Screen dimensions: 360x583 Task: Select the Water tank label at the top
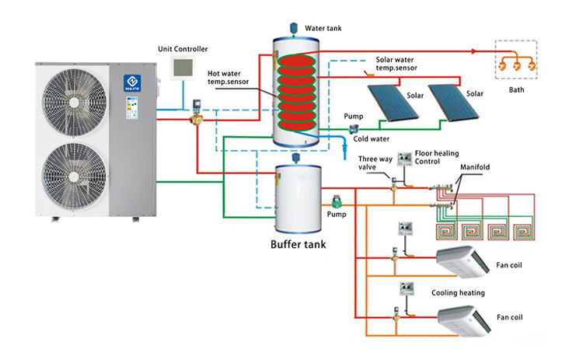click(x=323, y=28)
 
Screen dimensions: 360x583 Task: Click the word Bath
click(x=517, y=89)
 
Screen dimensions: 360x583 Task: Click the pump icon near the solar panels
click(x=354, y=128)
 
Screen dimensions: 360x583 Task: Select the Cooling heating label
click(x=458, y=293)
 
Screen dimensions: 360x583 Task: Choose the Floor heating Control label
click(x=437, y=158)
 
